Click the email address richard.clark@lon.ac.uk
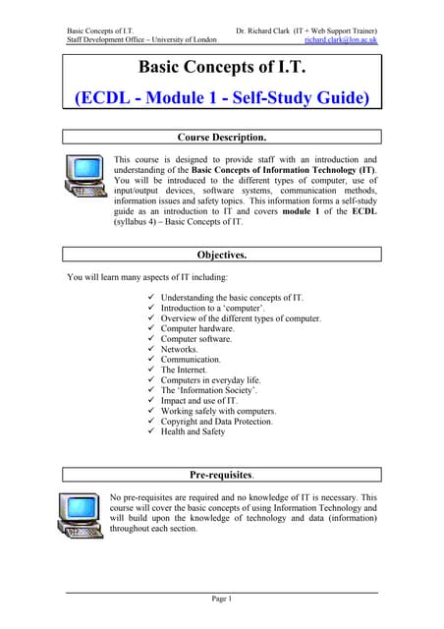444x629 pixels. tap(341, 40)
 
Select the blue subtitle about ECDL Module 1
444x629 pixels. tap(222, 98)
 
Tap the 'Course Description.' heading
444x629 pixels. tap(221, 137)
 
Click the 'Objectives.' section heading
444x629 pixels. tap(221, 255)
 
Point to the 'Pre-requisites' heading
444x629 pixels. tap(221, 475)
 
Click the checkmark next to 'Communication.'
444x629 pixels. tap(150, 360)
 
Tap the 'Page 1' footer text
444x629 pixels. tap(221, 599)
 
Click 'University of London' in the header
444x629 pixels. tap(183, 40)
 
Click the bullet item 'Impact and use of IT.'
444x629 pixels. tap(199, 401)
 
